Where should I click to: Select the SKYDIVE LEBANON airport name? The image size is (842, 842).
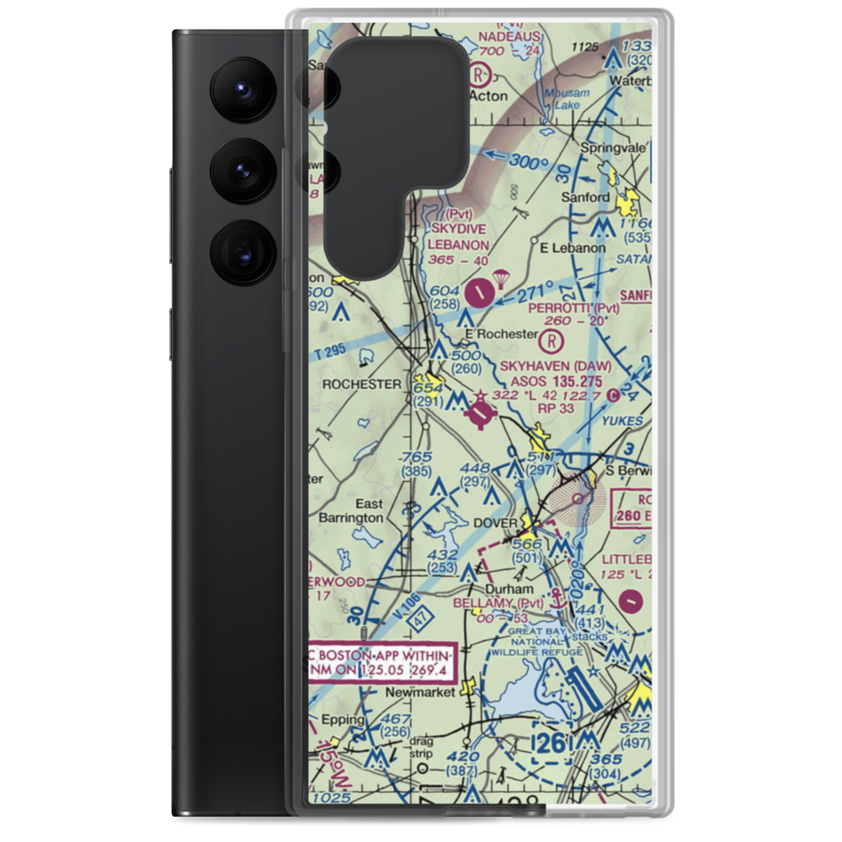(459, 237)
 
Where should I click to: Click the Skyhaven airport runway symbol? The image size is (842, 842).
(482, 413)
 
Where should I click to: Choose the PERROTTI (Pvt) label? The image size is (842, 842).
(574, 308)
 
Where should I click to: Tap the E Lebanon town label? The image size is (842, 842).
(573, 248)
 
